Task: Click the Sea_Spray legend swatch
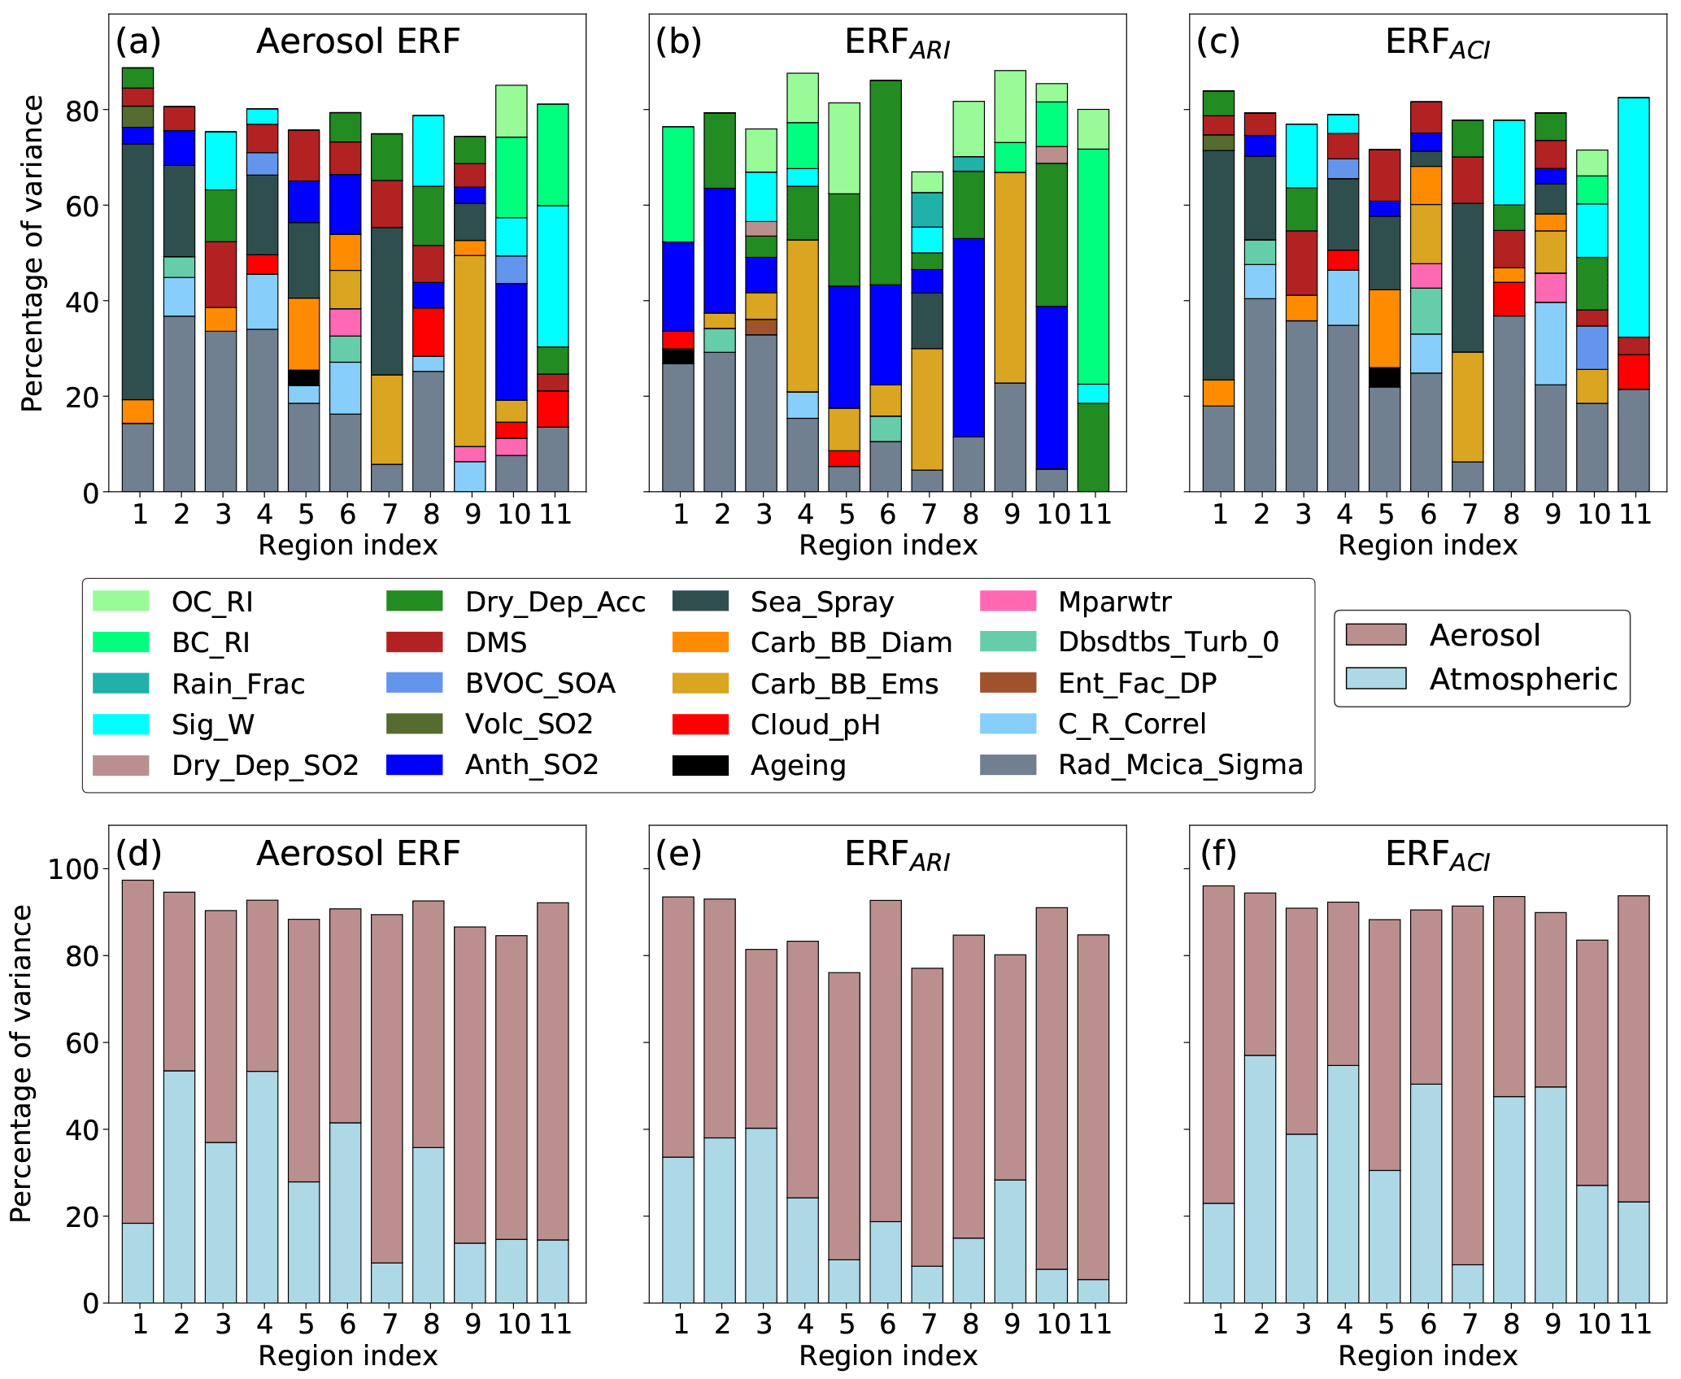(700, 601)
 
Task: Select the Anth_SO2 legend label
(532, 764)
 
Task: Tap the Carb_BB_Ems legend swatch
(700, 683)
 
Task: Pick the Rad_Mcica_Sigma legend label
(1180, 764)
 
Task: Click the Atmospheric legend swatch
(1375, 678)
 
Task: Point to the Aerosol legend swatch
(1375, 634)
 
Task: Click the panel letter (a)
(138, 41)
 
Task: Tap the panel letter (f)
(1218, 853)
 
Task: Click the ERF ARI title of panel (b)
(896, 42)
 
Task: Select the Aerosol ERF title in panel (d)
(358, 853)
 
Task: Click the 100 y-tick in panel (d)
(73, 869)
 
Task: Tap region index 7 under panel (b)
(929, 514)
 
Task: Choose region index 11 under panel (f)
(1635, 1325)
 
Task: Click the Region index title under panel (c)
(1427, 545)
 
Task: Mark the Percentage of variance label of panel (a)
(33, 253)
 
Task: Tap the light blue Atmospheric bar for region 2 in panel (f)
(1260, 1179)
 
